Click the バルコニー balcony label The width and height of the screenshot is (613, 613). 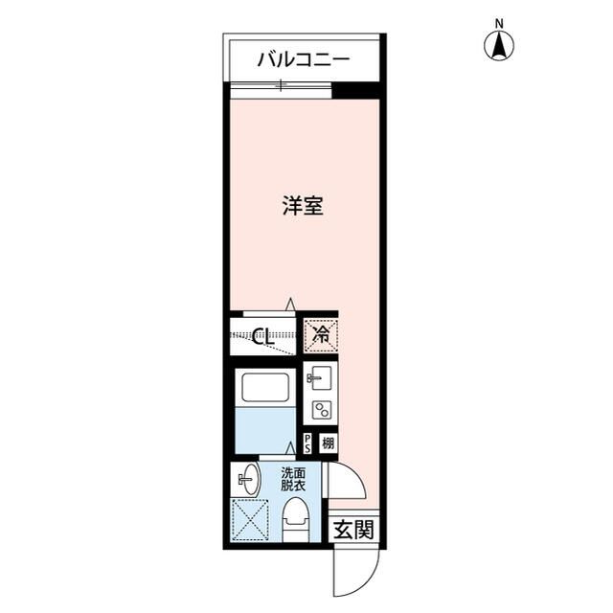303,61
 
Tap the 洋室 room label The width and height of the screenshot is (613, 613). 302,206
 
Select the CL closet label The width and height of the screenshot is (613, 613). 264,336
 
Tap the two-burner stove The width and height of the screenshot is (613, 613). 320,411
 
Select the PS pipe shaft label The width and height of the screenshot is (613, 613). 307,443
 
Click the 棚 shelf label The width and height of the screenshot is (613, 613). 328,443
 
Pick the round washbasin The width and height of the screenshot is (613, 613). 246,476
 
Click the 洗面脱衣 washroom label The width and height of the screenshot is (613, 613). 293,479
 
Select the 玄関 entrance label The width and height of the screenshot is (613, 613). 353,529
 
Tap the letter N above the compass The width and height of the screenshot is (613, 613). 499,23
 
